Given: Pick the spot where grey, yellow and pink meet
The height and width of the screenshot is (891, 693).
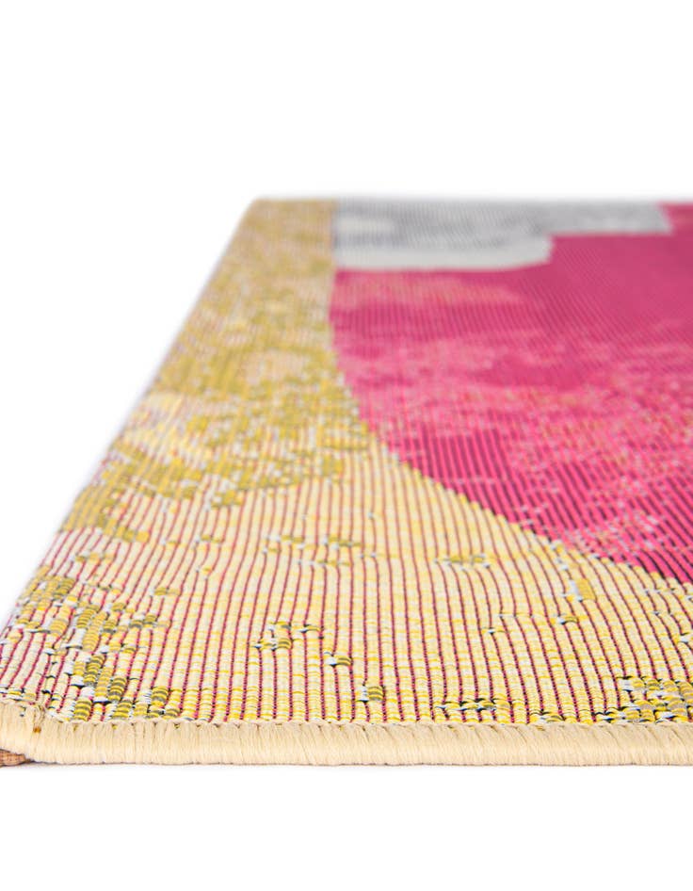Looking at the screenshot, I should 334,268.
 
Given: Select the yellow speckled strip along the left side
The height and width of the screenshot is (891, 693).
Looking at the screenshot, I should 235,377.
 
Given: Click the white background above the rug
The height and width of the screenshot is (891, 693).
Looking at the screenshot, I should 346,94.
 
